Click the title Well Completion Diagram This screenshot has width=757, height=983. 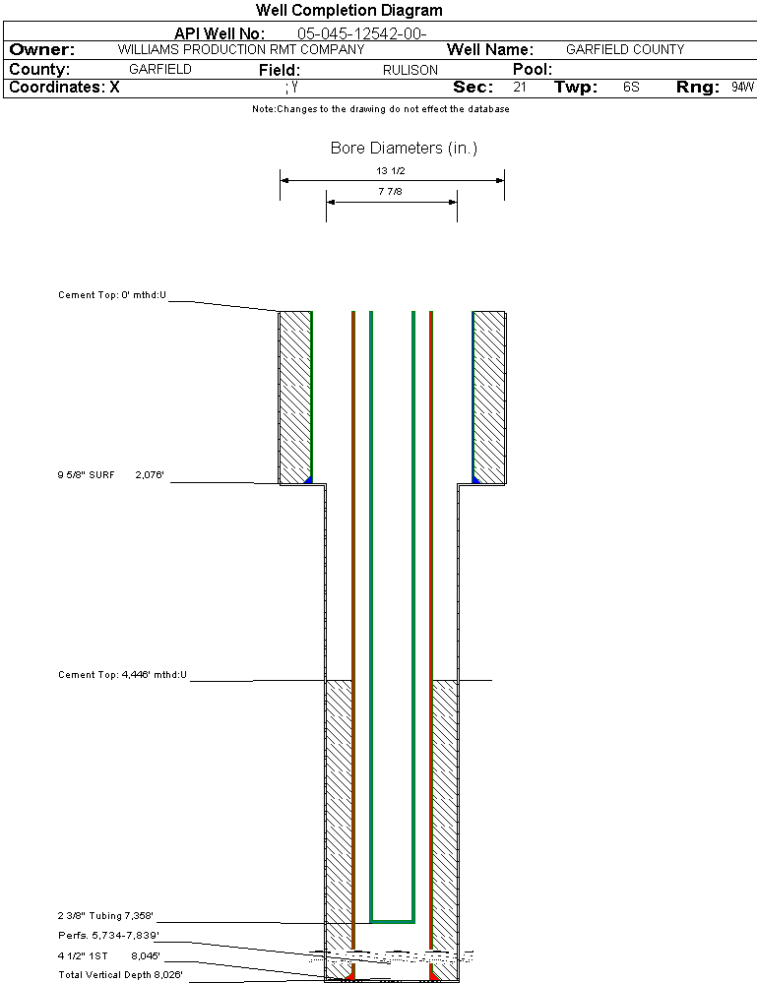coord(348,11)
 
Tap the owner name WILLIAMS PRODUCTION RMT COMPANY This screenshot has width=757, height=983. coord(240,49)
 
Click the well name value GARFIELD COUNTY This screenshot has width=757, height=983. coord(625,49)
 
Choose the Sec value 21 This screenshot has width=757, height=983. coord(519,88)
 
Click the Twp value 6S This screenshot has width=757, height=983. coord(631,88)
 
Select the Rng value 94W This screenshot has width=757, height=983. coord(742,88)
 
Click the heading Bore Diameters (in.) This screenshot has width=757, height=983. coord(404,149)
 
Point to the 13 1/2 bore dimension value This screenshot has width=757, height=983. coord(392,171)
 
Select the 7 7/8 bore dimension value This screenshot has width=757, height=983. coord(391,192)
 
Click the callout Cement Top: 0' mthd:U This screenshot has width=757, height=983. coord(112,294)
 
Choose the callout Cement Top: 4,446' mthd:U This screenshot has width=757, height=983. coord(122,675)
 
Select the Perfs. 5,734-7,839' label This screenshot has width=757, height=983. coord(108,935)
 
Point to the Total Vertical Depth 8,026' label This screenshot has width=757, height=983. coord(120,975)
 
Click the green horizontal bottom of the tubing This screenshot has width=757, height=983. coord(392,921)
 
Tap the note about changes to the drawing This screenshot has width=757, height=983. coord(380,109)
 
